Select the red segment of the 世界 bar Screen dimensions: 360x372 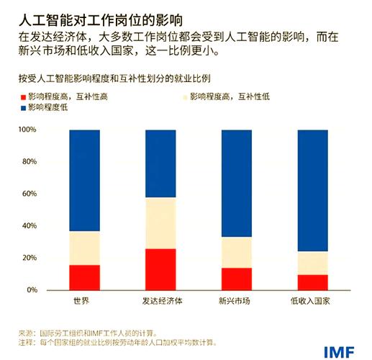[x=85, y=277]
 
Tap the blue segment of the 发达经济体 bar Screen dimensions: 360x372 [x=160, y=163]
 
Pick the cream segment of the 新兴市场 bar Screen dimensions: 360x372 [x=236, y=253]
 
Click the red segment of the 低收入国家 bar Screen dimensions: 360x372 [x=312, y=282]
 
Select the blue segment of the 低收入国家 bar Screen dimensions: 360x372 [x=312, y=190]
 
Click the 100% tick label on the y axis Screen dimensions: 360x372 [x=27, y=130]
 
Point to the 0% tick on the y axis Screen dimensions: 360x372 [x=31, y=290]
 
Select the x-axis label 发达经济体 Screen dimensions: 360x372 [x=160, y=300]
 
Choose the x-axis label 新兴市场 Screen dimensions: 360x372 [x=236, y=300]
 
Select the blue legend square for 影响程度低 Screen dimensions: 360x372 [x=22, y=107]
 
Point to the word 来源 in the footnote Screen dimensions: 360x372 [x=26, y=333]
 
